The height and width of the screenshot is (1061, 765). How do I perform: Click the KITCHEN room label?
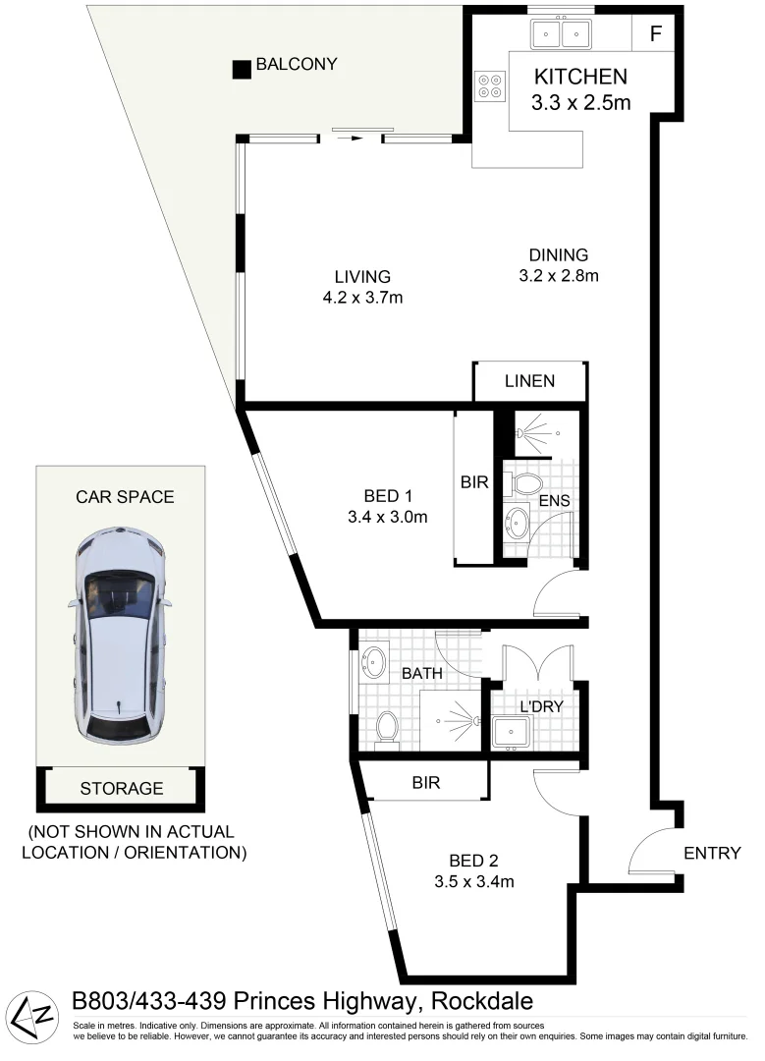click(579, 77)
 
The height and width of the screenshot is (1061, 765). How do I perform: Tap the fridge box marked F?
click(655, 33)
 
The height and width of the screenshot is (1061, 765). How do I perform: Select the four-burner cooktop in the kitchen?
click(488, 86)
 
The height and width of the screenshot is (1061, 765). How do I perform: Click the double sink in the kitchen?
click(561, 34)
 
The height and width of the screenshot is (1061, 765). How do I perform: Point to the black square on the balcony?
click(241, 70)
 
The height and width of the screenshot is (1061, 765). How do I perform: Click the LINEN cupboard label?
click(530, 381)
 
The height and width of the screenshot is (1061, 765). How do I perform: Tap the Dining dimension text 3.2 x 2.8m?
click(558, 275)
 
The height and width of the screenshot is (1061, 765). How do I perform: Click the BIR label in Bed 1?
click(474, 483)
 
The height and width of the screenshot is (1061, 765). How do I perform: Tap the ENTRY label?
click(712, 853)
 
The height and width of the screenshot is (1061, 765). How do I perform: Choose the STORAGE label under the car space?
click(122, 788)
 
